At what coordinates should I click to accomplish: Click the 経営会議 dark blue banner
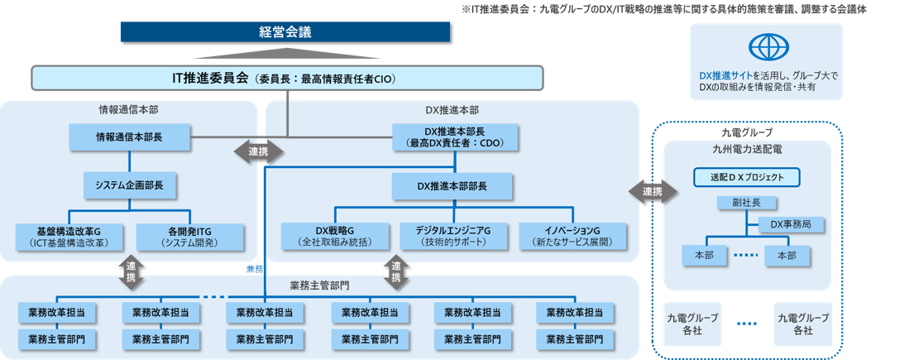tap(285, 32)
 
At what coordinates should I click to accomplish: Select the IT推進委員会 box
tap(287, 79)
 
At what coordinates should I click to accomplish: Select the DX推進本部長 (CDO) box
tap(454, 137)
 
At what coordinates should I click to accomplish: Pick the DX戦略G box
tap(334, 235)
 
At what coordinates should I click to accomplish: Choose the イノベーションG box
tap(572, 235)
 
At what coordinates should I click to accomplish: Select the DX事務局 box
tap(789, 223)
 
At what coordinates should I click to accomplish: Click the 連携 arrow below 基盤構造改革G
tap(131, 271)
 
